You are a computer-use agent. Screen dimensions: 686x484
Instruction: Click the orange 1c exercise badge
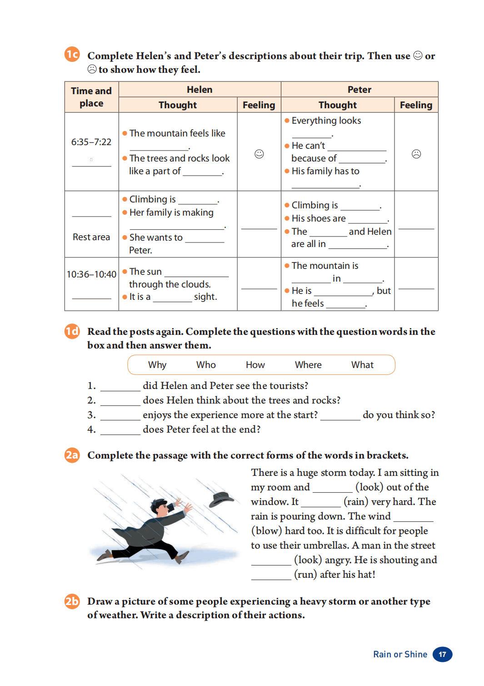(72, 55)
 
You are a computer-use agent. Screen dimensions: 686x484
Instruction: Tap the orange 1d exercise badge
(72, 331)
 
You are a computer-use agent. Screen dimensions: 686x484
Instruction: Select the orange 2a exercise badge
(72, 455)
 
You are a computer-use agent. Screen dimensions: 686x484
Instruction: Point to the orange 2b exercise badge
(72, 601)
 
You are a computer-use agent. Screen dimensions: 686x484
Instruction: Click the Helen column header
(200, 90)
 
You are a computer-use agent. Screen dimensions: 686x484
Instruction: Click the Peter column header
(359, 90)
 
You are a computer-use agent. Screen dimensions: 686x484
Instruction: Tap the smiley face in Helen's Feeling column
(259, 154)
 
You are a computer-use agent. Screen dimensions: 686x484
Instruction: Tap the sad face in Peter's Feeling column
(416, 154)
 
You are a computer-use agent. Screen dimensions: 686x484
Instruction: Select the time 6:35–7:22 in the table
(91, 142)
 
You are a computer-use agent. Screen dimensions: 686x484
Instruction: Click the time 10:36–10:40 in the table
(91, 274)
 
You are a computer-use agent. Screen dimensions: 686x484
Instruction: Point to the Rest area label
(91, 237)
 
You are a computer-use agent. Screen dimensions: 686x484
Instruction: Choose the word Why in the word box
(157, 365)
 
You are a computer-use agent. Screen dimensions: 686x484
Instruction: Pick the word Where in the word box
(308, 365)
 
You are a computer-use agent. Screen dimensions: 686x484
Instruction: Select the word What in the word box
(362, 365)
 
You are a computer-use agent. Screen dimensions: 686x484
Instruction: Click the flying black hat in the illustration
(221, 499)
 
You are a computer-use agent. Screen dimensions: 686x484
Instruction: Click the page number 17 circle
(442, 654)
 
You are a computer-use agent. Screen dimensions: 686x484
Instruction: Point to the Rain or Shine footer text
(400, 654)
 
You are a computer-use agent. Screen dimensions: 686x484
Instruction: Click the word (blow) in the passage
(266, 531)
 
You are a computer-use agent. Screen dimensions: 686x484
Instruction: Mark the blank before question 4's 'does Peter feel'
(120, 430)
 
